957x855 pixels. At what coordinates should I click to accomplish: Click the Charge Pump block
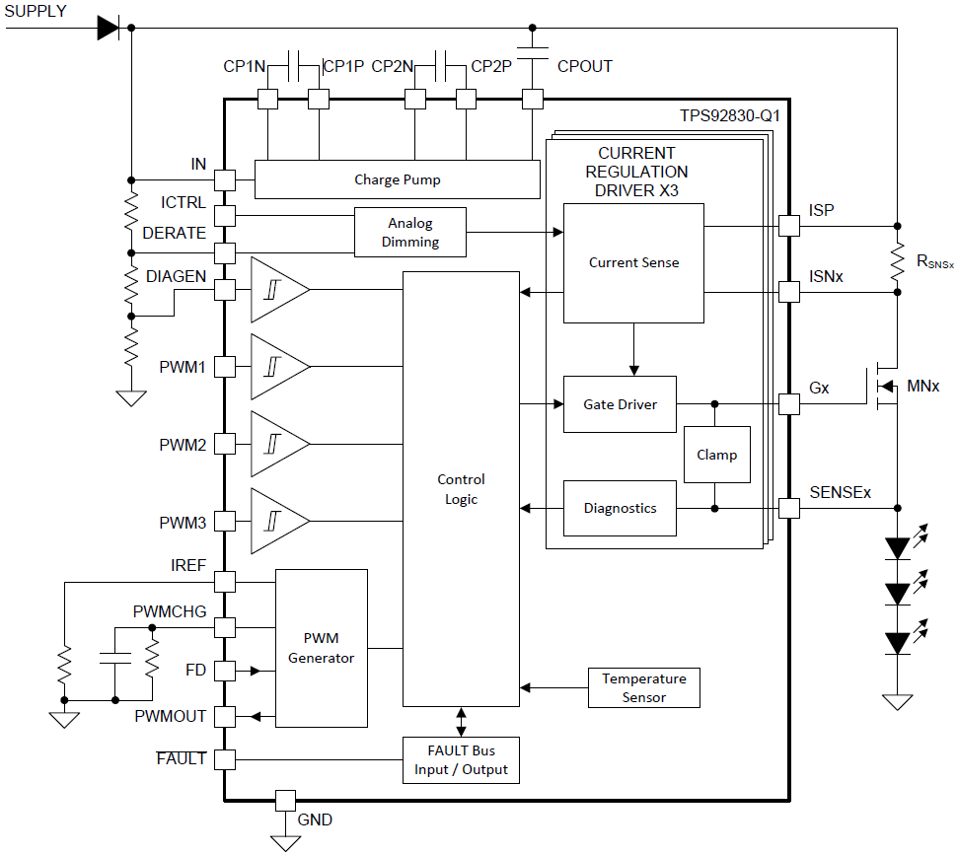(x=398, y=179)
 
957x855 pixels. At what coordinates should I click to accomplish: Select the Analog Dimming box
(x=410, y=233)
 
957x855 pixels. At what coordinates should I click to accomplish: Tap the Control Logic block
(x=461, y=489)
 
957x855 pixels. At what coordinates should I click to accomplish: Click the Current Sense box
(x=633, y=262)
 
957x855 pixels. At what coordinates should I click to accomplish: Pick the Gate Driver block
(x=620, y=404)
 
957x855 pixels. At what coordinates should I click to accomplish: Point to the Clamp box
(x=716, y=455)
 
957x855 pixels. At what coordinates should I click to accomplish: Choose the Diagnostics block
(x=620, y=508)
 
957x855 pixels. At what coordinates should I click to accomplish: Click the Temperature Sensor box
(x=644, y=688)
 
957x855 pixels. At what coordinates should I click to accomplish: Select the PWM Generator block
(x=321, y=649)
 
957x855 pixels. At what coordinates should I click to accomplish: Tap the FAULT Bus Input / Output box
(x=461, y=760)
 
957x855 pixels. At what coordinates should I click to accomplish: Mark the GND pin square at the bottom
(x=285, y=800)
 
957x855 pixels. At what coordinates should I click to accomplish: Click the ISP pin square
(x=788, y=226)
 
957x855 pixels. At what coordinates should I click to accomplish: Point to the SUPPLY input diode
(x=109, y=28)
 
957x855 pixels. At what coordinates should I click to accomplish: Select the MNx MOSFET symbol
(x=883, y=387)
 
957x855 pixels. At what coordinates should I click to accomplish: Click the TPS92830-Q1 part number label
(x=730, y=115)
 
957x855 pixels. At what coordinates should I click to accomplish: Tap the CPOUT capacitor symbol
(x=533, y=51)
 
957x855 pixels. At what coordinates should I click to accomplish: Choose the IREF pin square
(x=225, y=582)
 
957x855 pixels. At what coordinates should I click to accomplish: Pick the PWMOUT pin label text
(x=171, y=716)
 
